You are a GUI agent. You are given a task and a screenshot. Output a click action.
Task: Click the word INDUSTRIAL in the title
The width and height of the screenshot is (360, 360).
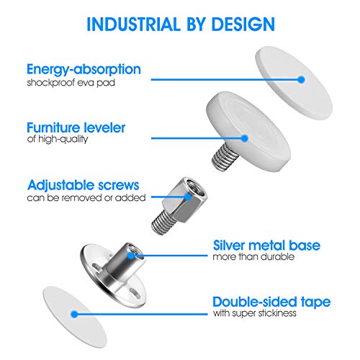(x=133, y=24)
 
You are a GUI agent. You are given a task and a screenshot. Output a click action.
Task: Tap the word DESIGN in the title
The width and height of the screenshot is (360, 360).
(x=243, y=24)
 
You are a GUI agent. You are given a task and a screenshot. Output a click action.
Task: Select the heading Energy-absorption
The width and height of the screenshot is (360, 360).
(x=84, y=70)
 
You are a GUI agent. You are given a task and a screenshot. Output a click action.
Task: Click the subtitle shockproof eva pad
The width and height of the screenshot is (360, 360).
(x=71, y=83)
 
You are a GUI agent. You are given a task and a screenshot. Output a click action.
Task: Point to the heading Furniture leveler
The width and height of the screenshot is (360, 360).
(x=76, y=127)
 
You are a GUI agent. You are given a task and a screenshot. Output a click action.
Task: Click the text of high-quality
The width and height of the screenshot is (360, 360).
(x=58, y=139)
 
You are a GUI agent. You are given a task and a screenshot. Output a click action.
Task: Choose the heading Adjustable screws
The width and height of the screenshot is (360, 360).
(x=84, y=185)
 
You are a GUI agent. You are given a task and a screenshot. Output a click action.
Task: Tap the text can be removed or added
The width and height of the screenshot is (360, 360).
(x=86, y=198)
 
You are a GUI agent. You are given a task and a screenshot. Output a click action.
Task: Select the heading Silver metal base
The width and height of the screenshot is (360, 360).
(x=266, y=246)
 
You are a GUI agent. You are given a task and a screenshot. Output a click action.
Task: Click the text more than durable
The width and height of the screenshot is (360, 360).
(x=253, y=257)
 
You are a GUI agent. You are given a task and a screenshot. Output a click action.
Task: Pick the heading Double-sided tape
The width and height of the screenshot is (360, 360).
(x=271, y=302)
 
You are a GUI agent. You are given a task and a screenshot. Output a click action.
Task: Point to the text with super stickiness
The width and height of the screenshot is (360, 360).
(x=254, y=313)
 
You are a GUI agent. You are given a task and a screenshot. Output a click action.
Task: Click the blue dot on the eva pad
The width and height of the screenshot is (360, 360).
(x=301, y=79)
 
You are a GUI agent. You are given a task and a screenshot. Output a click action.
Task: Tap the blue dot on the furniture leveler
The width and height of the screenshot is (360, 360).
(x=245, y=138)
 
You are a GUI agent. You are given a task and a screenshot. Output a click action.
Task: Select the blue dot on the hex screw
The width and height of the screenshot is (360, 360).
(x=189, y=197)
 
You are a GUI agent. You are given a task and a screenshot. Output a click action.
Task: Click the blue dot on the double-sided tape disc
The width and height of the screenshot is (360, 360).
(x=74, y=314)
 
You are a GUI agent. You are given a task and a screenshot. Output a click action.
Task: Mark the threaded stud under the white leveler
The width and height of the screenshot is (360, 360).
(x=225, y=157)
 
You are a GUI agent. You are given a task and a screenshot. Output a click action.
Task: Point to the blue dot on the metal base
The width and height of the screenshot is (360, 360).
(x=131, y=256)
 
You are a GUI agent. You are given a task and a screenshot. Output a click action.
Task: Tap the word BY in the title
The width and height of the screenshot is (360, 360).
(x=196, y=24)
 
